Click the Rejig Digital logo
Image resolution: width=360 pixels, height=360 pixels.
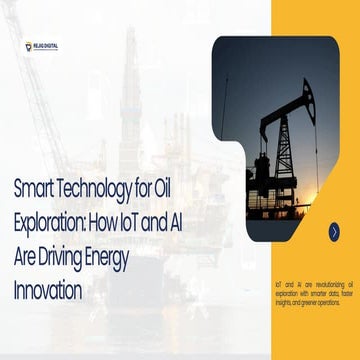[x=41, y=45]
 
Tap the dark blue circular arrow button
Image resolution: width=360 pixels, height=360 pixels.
[x=334, y=231]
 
